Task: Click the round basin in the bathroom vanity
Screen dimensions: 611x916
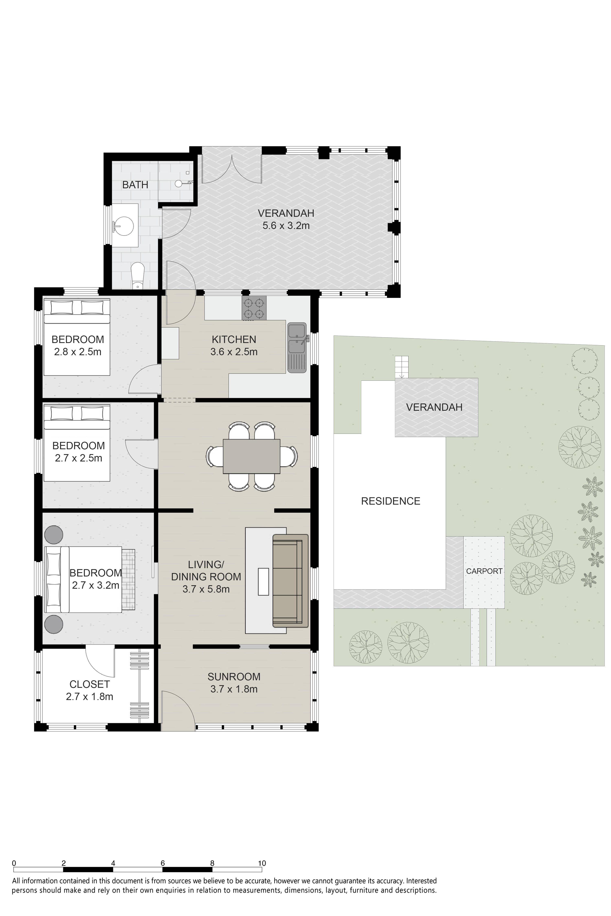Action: (x=124, y=225)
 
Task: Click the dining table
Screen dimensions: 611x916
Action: (x=251, y=456)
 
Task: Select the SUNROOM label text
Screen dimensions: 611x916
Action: (x=234, y=676)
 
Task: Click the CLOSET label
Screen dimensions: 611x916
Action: (x=90, y=684)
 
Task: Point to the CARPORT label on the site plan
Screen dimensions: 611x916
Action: (x=484, y=571)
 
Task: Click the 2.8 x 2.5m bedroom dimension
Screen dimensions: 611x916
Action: (x=78, y=352)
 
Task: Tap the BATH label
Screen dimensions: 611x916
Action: (x=135, y=185)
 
